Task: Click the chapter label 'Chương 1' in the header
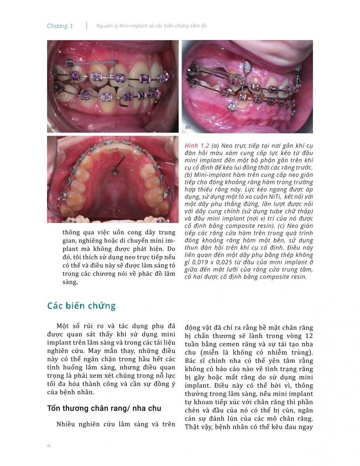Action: (x=60, y=26)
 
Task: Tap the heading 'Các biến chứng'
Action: (x=81, y=306)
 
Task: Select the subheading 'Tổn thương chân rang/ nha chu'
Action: (x=104, y=408)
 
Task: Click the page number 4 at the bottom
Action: (x=49, y=445)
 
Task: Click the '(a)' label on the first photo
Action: (x=53, y=127)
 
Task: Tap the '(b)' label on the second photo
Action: (x=188, y=127)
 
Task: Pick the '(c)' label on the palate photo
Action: (x=53, y=218)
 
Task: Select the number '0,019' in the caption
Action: (x=201, y=262)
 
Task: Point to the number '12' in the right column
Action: (x=308, y=336)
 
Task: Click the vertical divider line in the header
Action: (x=86, y=26)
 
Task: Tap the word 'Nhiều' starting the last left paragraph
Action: (x=66, y=424)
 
